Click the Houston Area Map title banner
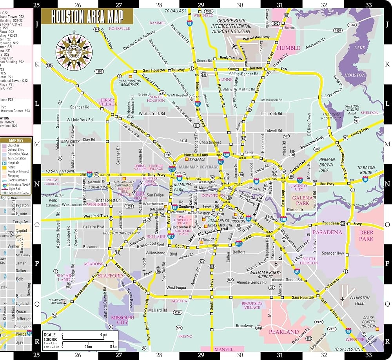click(x=87, y=17)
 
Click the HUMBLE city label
click(x=289, y=48)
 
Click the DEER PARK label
click(x=367, y=235)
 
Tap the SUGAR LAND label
click(x=64, y=277)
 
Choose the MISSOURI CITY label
click(x=122, y=320)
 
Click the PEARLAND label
click(x=283, y=332)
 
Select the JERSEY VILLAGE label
click(x=109, y=102)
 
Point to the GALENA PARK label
click(x=302, y=201)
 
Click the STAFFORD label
click(x=110, y=276)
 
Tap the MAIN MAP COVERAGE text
click(x=198, y=167)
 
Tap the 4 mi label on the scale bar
click(x=103, y=335)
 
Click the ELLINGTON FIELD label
click(x=359, y=300)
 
